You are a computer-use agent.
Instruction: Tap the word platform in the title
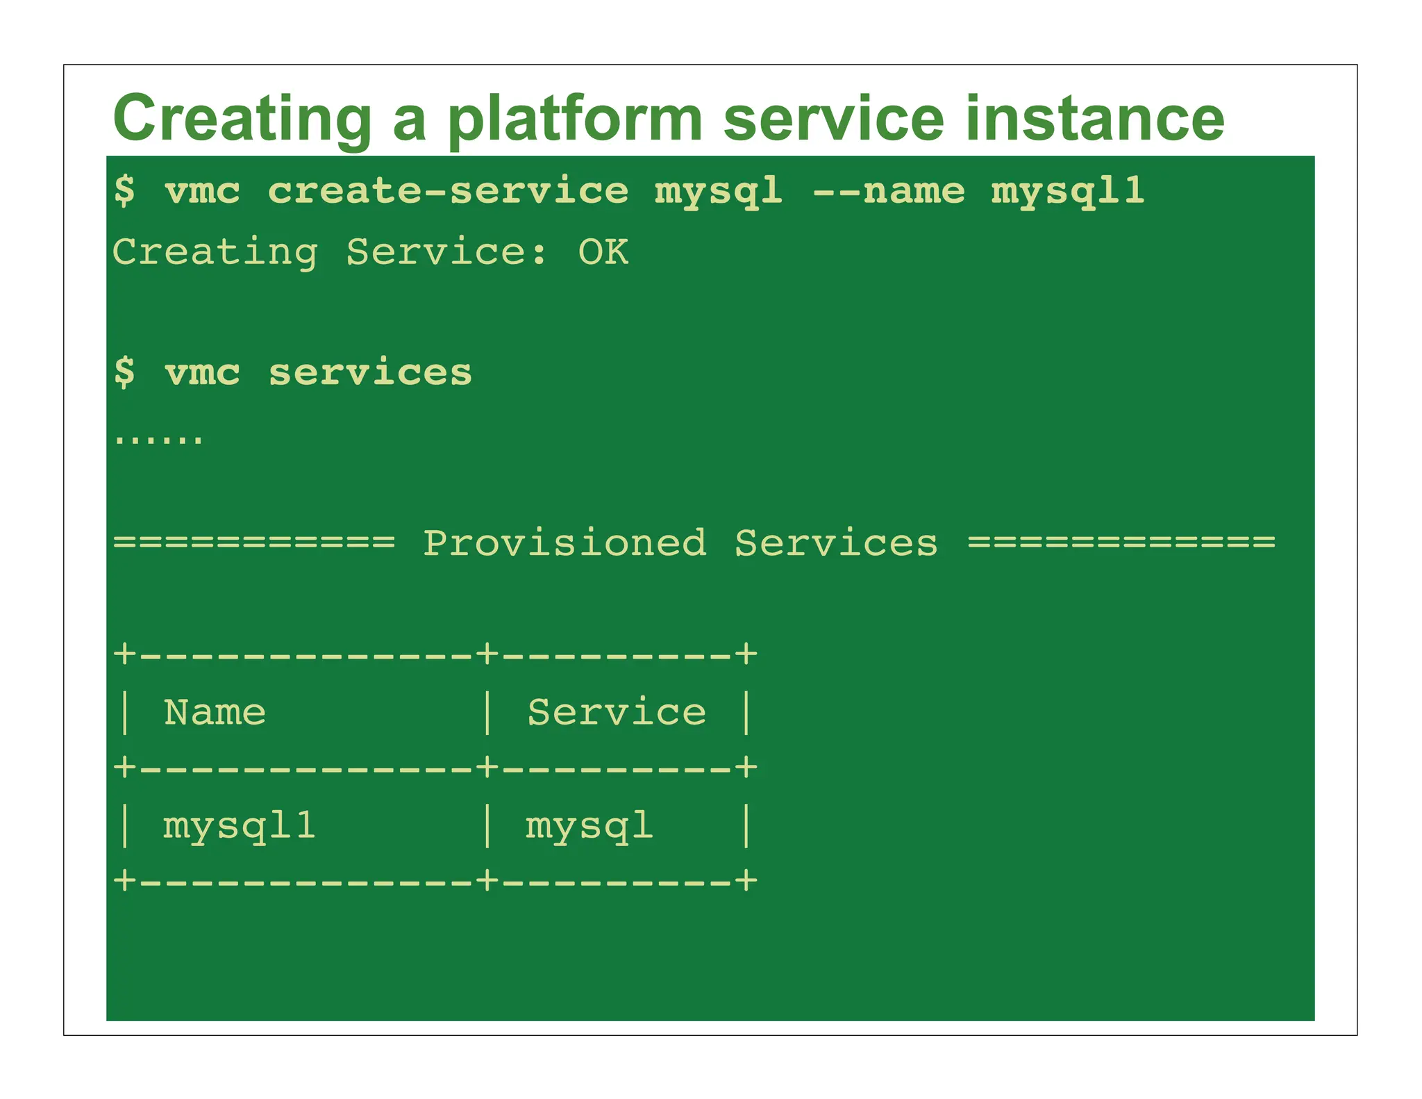point(576,119)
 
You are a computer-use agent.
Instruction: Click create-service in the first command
point(448,190)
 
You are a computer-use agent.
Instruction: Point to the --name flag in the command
point(888,190)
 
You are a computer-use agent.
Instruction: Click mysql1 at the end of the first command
point(1067,192)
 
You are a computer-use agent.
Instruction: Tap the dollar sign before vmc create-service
point(125,190)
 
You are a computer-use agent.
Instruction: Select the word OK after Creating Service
point(603,252)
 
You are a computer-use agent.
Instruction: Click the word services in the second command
point(370,373)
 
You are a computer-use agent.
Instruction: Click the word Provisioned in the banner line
point(564,543)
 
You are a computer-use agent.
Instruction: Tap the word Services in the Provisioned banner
point(836,543)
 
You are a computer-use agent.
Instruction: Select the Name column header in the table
point(215,713)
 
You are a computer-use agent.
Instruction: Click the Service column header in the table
point(617,713)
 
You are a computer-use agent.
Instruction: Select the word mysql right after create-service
point(719,192)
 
